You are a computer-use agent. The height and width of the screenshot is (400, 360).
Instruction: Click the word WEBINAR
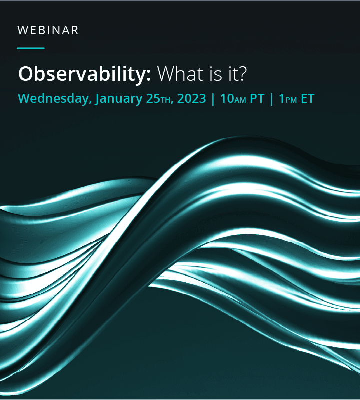point(48,30)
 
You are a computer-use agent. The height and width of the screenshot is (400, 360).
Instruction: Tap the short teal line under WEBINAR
point(31,48)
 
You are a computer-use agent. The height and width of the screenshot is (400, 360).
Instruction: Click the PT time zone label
point(257,98)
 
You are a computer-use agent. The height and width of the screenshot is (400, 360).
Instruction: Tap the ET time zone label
point(308,98)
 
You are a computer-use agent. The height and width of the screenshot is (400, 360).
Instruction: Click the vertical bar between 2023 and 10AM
point(213,99)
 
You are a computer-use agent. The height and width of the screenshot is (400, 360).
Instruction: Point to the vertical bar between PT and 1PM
point(272,99)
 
